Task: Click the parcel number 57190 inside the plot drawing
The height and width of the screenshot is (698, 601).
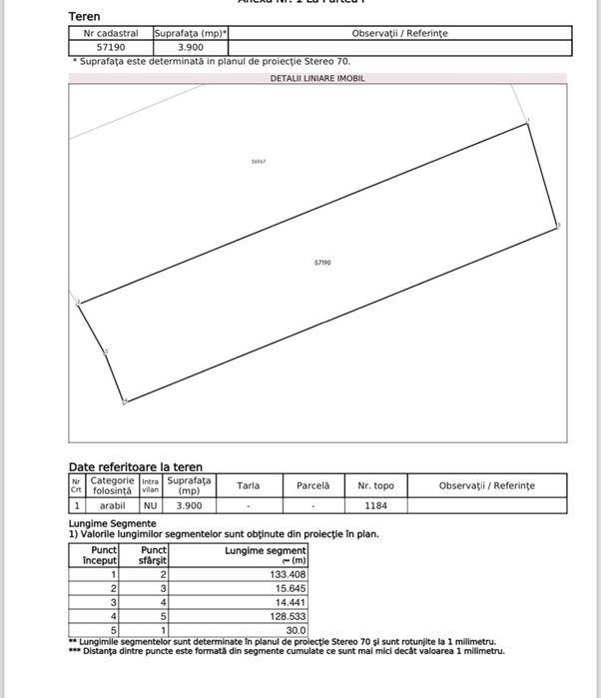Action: (x=322, y=263)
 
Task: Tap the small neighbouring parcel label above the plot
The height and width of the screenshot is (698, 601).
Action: (x=260, y=161)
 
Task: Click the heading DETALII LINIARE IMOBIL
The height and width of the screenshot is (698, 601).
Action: (x=317, y=78)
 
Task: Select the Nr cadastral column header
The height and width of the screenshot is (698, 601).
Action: (x=111, y=33)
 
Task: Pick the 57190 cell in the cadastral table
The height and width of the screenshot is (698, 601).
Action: (x=111, y=47)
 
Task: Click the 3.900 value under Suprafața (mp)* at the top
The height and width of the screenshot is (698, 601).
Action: (x=190, y=47)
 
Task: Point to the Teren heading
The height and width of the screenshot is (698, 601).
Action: (x=84, y=16)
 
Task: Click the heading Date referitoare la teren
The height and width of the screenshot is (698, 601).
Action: (x=135, y=466)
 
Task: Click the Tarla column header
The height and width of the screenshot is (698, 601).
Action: (x=249, y=485)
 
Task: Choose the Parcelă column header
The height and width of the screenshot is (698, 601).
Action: (x=312, y=485)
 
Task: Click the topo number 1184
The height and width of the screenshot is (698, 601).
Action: (x=375, y=505)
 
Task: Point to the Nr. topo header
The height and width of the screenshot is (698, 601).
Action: (x=375, y=485)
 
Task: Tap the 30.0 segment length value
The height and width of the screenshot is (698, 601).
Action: (x=296, y=630)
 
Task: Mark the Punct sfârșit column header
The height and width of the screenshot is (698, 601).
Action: (x=154, y=555)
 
